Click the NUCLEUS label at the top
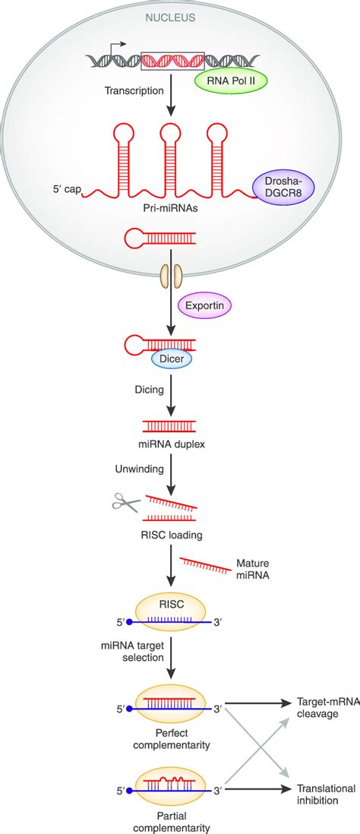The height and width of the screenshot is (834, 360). pos(172,15)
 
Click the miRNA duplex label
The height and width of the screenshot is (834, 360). pos(172,440)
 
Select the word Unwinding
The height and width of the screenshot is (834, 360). pos(137,469)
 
